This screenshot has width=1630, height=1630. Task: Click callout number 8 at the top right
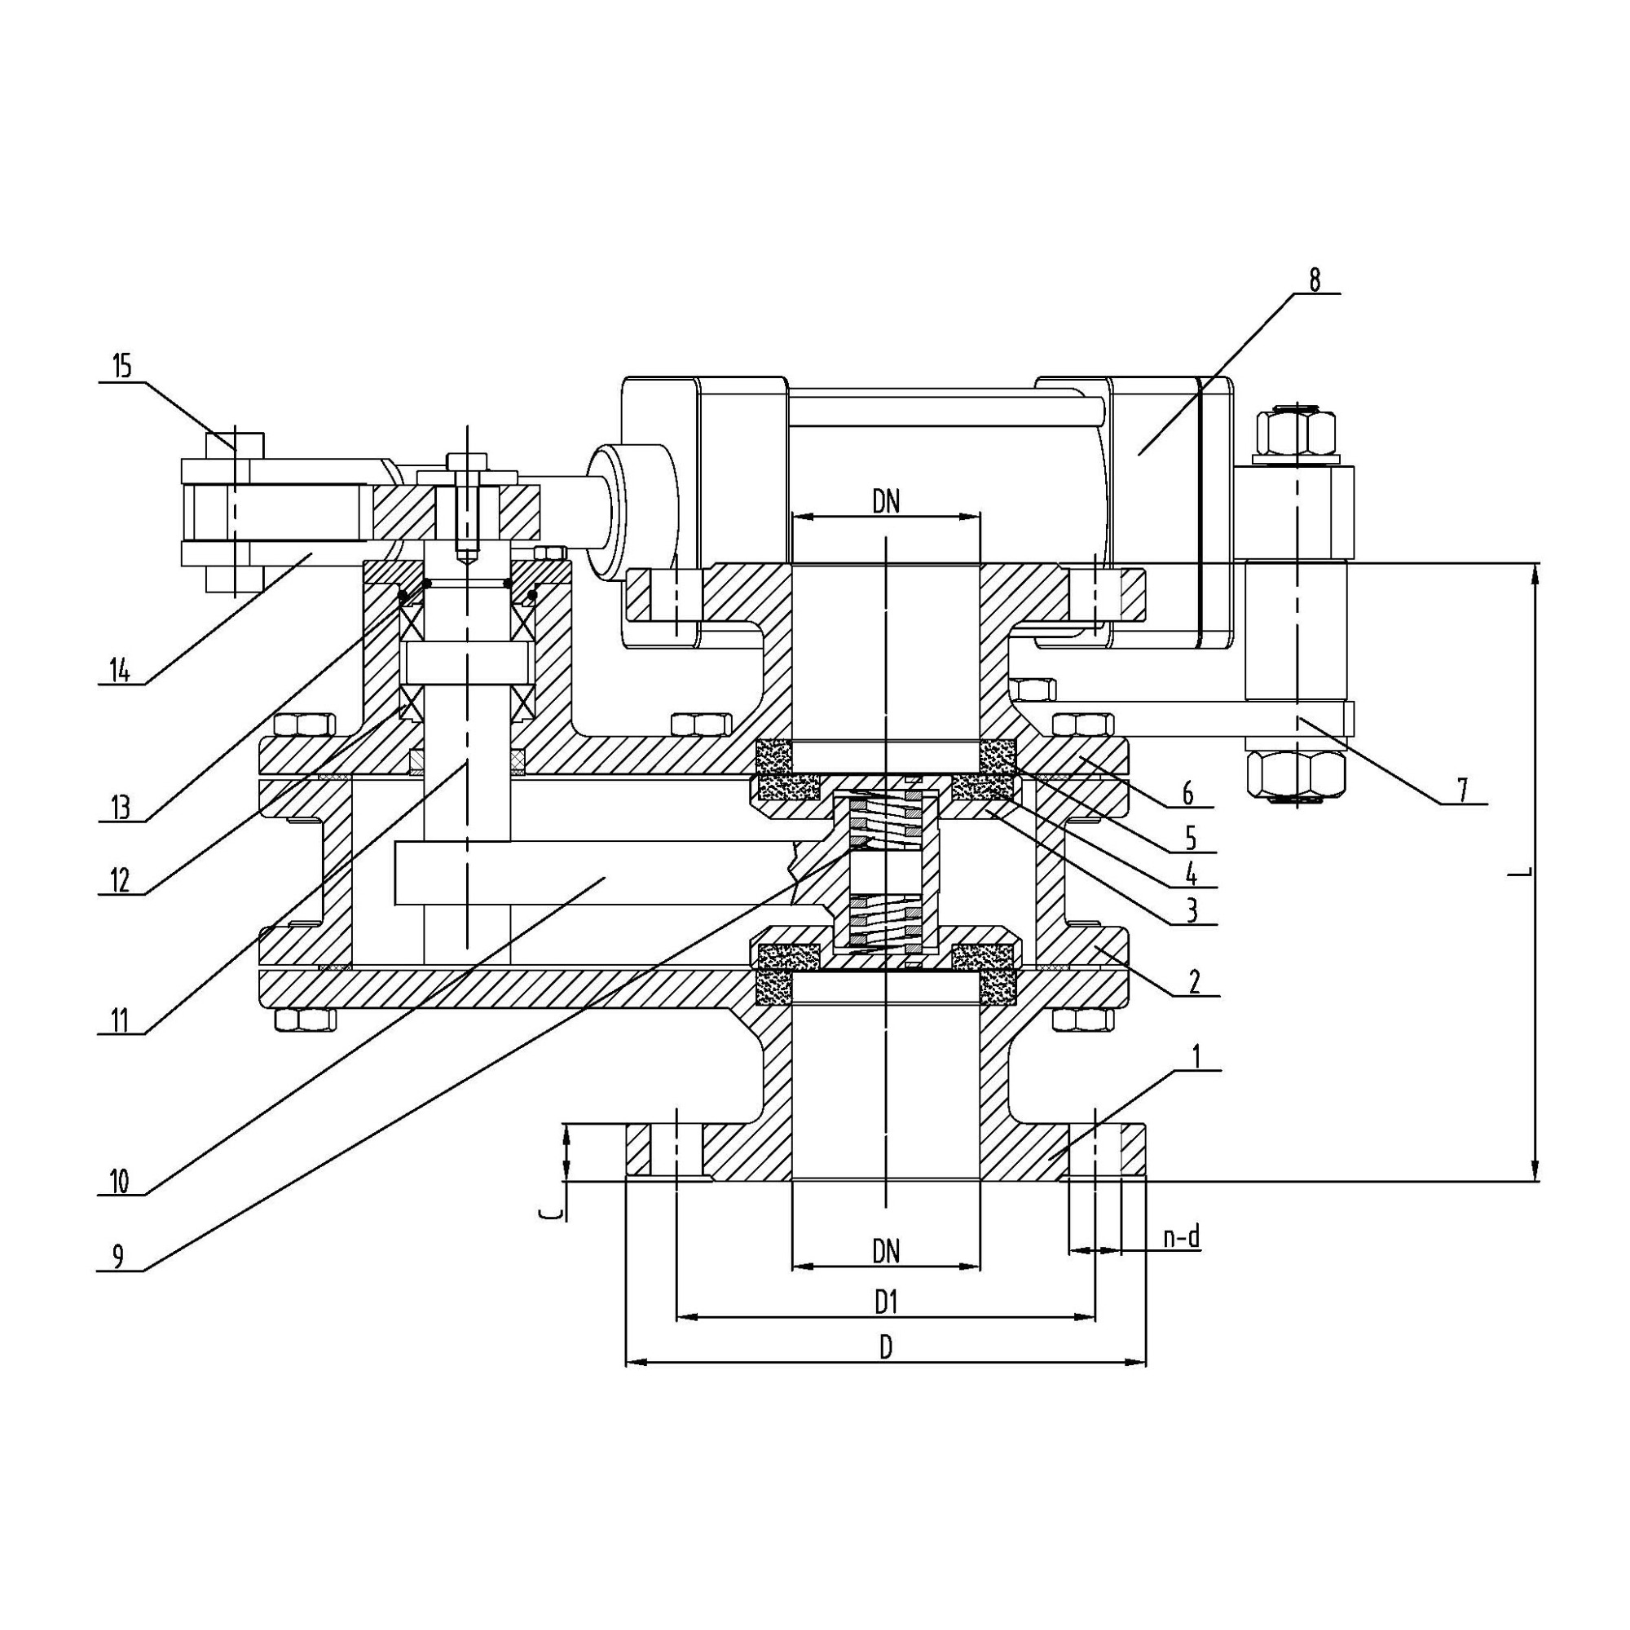point(1315,280)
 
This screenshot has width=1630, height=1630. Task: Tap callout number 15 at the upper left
point(122,366)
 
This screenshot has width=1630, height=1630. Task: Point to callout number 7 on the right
point(1461,791)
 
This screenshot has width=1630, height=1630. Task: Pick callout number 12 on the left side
point(120,880)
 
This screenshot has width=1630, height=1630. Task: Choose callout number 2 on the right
point(1194,982)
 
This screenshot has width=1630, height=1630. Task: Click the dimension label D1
point(885,1303)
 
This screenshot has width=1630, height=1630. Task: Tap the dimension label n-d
point(1181,1238)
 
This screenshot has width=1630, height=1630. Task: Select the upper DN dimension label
point(886,502)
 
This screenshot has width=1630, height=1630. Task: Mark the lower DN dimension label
point(886,1250)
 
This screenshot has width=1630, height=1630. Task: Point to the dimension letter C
point(550,1214)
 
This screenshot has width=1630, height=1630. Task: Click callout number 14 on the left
point(121,670)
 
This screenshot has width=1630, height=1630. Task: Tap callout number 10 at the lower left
point(119,1181)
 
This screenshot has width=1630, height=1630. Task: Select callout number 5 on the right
point(1191,837)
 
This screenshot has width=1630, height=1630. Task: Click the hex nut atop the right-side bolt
point(1296,431)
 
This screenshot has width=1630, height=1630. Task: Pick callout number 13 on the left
point(121,808)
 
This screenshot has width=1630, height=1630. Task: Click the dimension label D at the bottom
point(886,1348)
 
